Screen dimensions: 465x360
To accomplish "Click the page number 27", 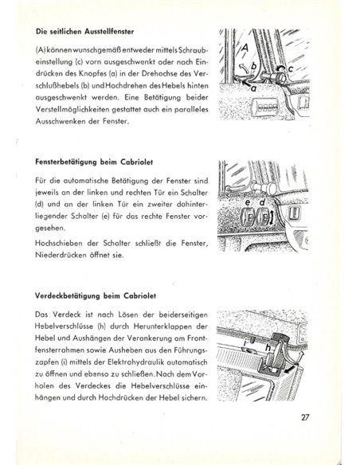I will tap(329, 437).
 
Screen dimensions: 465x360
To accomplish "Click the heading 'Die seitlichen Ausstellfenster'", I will tap(88, 33).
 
